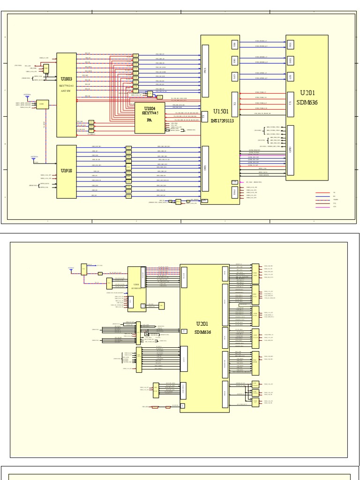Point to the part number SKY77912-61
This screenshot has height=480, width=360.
67,86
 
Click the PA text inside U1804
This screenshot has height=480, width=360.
150,120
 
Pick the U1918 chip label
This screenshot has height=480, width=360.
67,171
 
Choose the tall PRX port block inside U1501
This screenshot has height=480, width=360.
205,71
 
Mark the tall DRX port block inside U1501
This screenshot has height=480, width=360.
205,168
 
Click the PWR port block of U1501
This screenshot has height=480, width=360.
234,192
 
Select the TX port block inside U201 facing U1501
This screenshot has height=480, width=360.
291,104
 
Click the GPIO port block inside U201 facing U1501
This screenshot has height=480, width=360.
291,150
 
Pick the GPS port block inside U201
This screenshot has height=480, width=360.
291,76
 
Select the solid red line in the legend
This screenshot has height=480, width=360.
322,192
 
